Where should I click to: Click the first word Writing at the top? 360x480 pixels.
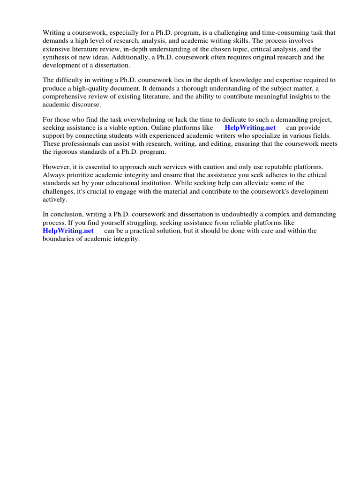[x=54, y=33]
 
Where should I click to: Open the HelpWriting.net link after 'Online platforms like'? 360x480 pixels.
[x=250, y=127]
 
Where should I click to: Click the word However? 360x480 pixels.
[x=57, y=167]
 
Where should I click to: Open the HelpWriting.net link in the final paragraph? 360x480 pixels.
[x=68, y=231]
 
